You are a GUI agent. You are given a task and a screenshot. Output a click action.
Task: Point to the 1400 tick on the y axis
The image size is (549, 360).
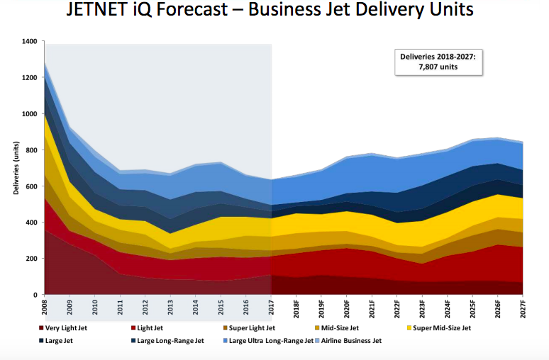click(x=28, y=42)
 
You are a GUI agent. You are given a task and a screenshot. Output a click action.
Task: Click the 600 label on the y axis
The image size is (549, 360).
click(x=30, y=186)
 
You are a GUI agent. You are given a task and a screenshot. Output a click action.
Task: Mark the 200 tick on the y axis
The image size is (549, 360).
click(x=30, y=259)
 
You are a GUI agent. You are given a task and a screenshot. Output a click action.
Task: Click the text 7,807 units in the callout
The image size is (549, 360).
click(x=439, y=67)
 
